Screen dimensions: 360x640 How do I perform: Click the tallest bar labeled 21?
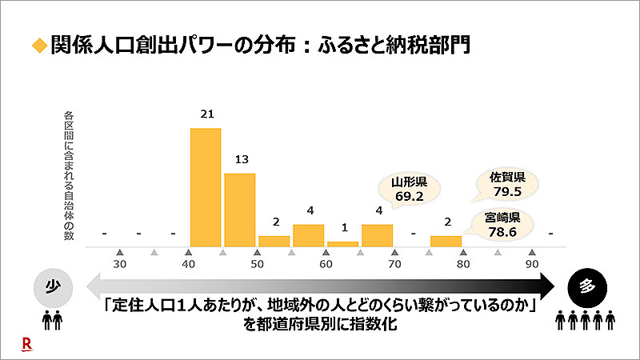[x=206, y=187]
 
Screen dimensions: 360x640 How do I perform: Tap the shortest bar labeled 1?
[x=343, y=243]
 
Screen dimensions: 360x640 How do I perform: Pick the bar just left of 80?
[x=446, y=241]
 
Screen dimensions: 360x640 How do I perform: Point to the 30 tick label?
[x=120, y=264]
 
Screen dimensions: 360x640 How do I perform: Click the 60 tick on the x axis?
[x=326, y=264]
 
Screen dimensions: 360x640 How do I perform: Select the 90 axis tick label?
[x=531, y=264]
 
